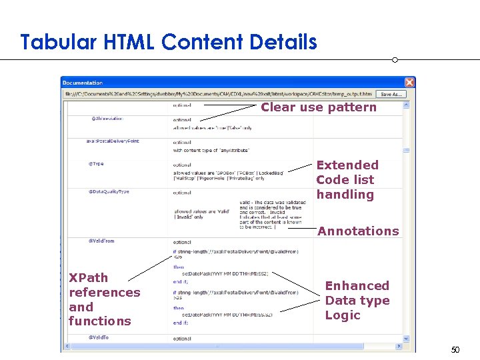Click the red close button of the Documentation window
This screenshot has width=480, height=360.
click(x=409, y=83)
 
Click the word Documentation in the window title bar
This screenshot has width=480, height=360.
click(x=83, y=83)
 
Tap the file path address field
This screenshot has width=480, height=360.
click(x=217, y=94)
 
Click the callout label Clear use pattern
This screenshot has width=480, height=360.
click(x=319, y=107)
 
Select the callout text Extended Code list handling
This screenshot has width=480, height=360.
click(x=347, y=179)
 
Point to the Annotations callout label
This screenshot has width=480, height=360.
click(x=358, y=231)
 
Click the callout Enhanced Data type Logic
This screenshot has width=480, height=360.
click(x=357, y=300)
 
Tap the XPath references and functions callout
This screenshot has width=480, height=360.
click(x=104, y=299)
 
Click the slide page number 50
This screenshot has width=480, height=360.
click(x=455, y=349)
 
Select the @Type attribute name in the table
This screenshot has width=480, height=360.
click(x=96, y=163)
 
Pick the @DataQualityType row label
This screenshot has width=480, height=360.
click(x=109, y=192)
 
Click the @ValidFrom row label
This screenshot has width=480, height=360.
click(x=101, y=241)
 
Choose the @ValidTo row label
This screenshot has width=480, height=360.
click(x=99, y=338)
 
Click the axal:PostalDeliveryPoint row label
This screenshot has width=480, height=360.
click(x=113, y=141)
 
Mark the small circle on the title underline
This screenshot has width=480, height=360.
click(x=395, y=60)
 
